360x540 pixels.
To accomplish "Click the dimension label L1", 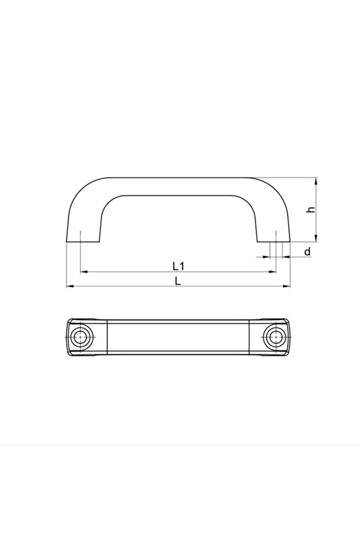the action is click(x=179, y=266).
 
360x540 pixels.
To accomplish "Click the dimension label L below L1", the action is click(x=177, y=281).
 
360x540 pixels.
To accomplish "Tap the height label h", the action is click(x=311, y=209).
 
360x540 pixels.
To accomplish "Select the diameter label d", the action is click(x=307, y=252).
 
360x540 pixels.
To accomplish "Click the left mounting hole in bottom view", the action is click(x=81, y=337).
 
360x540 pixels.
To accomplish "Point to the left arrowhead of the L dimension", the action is click(x=70, y=286).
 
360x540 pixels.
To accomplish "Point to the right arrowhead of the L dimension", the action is click(x=286, y=286).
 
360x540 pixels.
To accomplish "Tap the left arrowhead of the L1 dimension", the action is click(x=84, y=272).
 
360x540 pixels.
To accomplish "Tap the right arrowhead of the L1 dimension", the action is click(x=272, y=272).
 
